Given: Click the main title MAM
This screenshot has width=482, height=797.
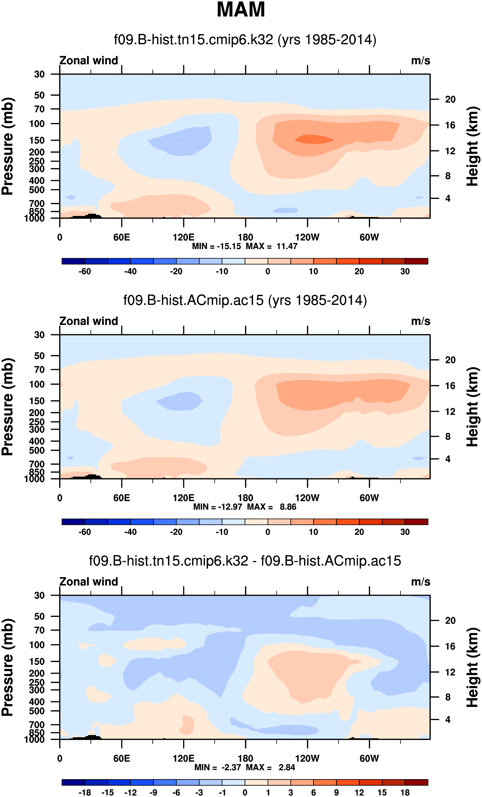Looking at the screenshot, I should [x=241, y=10].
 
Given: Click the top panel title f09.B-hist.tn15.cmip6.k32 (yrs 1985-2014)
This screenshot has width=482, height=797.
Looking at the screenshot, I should [x=245, y=40].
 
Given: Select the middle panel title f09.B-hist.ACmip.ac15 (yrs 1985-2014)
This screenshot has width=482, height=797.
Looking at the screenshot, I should [x=245, y=301].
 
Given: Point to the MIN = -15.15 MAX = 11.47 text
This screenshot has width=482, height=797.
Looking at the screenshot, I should [x=245, y=246].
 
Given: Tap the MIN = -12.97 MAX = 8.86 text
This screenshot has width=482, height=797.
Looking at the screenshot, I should [x=245, y=506].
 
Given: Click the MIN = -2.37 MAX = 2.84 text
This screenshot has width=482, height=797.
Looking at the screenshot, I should [x=245, y=767].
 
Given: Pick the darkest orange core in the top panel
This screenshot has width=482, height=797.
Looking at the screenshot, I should [x=314, y=139].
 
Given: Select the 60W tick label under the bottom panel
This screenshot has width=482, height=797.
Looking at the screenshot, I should [x=369, y=758].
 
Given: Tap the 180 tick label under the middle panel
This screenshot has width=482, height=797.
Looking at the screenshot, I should [x=245, y=498].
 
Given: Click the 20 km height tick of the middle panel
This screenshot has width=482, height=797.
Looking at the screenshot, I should [x=450, y=360].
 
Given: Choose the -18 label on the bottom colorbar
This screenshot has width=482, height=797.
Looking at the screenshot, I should [x=85, y=792].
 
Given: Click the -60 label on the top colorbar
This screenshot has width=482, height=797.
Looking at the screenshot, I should [x=85, y=271].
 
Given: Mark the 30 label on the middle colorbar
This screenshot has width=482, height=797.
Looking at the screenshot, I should [x=405, y=532].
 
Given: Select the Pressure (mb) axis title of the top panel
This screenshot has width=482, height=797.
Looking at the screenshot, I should [x=8, y=146].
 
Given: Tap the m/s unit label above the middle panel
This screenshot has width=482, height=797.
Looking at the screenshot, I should [x=421, y=321].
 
